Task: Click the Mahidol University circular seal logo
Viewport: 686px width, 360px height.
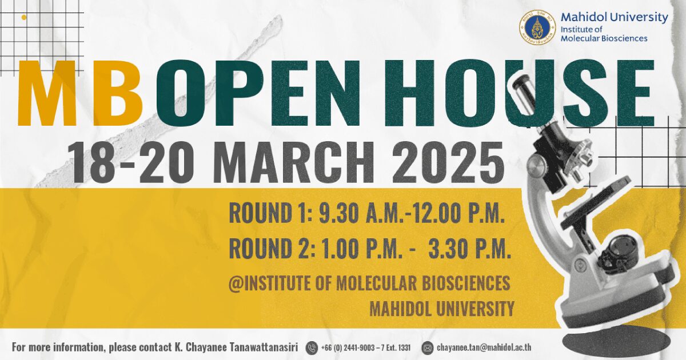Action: [x=537, y=27]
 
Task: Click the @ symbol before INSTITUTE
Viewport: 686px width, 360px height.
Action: [x=236, y=283]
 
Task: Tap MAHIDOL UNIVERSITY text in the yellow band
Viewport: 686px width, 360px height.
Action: [x=441, y=309]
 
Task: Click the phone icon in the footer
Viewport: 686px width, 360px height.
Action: [x=312, y=348]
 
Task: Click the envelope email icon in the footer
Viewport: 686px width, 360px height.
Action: [x=428, y=348]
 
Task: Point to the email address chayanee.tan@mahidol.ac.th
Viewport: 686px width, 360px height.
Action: [x=484, y=347]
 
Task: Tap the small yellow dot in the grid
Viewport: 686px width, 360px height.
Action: [x=24, y=18]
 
